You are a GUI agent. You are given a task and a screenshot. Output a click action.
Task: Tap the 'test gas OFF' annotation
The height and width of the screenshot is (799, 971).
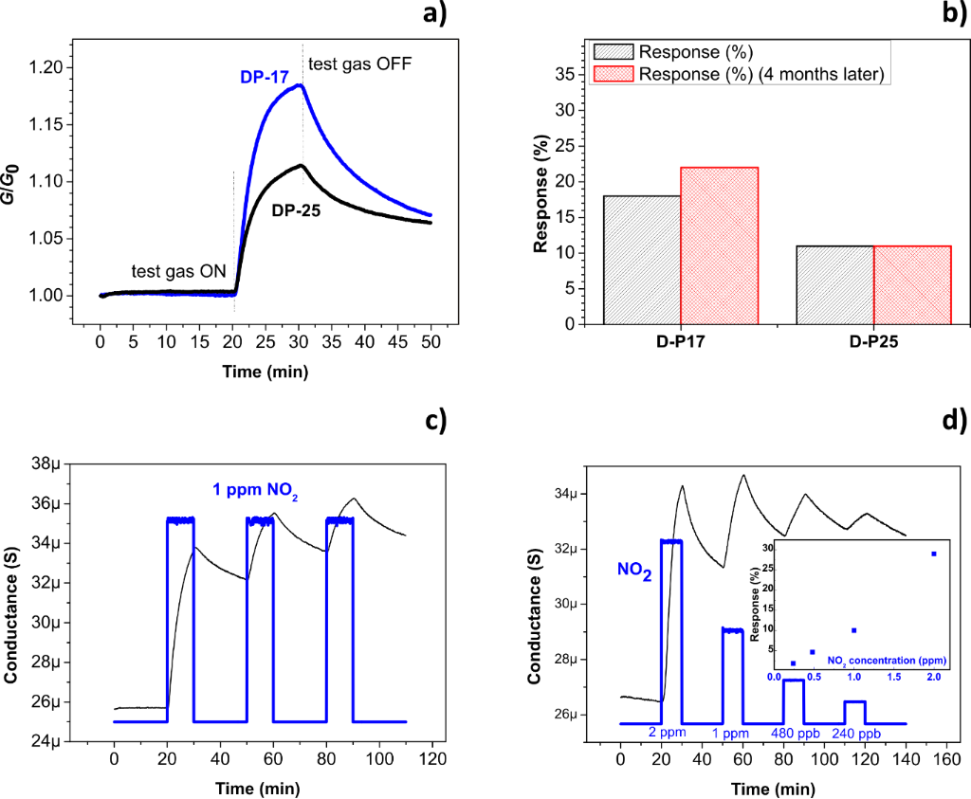click(359, 64)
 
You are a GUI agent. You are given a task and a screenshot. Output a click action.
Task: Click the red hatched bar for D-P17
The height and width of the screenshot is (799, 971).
click(719, 245)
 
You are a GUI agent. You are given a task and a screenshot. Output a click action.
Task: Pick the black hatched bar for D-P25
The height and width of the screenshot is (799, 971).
click(834, 284)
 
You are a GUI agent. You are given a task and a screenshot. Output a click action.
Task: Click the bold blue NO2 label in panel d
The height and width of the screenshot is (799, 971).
click(632, 572)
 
